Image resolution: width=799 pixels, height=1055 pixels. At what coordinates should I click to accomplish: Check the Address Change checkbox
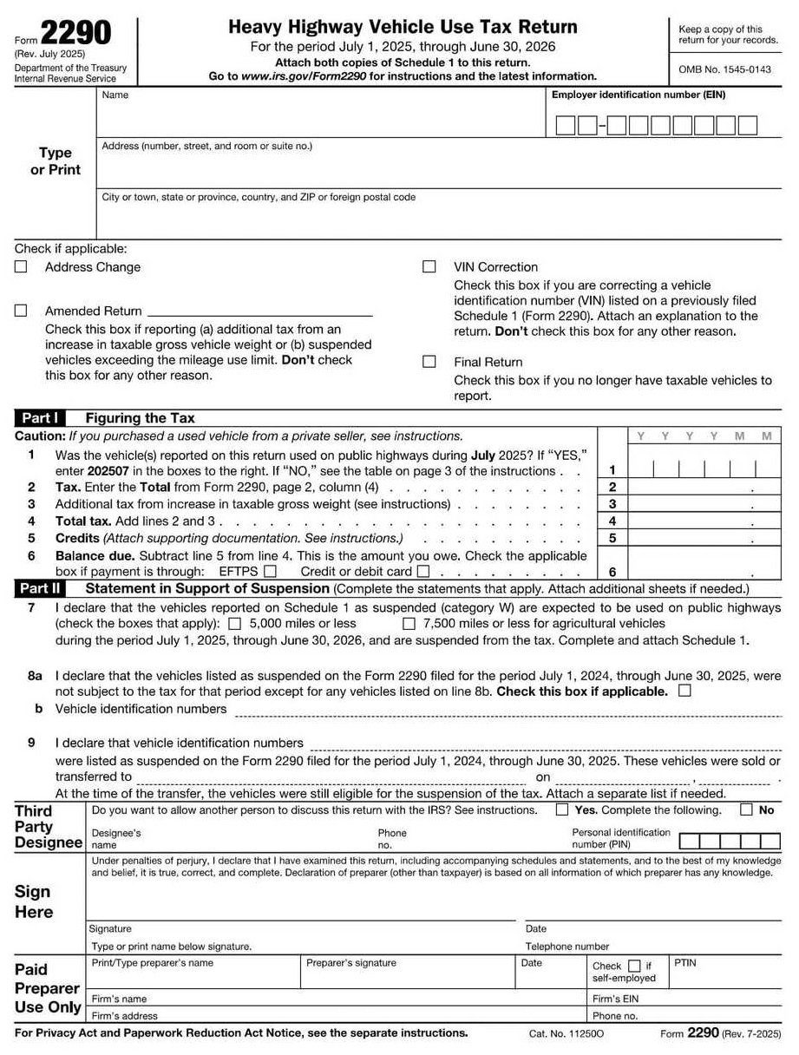(21, 267)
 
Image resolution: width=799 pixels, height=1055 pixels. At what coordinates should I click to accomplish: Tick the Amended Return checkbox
(21, 311)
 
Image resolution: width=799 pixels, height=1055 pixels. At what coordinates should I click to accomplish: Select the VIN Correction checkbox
(429, 267)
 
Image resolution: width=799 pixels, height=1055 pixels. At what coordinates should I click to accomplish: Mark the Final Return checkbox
(429, 362)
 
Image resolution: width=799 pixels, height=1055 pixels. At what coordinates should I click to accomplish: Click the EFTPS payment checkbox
(270, 572)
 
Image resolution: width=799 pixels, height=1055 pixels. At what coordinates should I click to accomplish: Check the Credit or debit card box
(423, 572)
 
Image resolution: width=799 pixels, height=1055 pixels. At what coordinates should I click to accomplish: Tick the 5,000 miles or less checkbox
(234, 624)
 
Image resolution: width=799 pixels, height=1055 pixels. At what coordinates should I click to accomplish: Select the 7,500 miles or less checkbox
(409, 624)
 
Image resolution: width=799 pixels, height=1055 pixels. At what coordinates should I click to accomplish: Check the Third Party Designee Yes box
(562, 810)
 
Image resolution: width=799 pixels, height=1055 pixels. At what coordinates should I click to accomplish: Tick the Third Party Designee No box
(746, 810)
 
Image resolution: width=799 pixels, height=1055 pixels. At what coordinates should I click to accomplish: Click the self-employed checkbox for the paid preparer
(634, 966)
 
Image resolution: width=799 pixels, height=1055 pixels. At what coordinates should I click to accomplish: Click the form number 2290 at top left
(76, 33)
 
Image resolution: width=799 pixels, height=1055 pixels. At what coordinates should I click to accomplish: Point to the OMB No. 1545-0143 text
(724, 69)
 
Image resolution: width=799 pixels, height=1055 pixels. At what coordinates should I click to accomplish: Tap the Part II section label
(40, 588)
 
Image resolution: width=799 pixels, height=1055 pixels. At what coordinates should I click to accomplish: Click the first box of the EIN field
(565, 127)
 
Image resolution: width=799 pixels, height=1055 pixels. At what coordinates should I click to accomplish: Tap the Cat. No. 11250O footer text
(567, 1034)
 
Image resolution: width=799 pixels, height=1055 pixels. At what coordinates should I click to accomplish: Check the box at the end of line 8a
(685, 691)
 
